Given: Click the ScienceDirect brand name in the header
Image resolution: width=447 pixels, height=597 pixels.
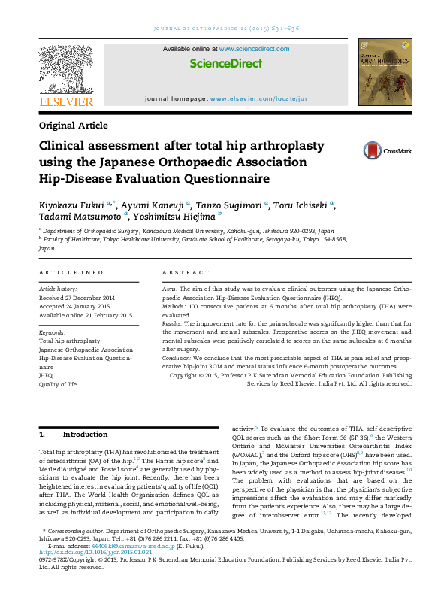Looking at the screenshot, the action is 225,65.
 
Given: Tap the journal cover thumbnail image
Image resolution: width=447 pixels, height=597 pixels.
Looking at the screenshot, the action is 385,73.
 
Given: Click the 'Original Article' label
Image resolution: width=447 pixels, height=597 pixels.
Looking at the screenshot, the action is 73,126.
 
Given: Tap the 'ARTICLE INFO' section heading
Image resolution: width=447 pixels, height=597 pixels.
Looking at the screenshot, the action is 71,272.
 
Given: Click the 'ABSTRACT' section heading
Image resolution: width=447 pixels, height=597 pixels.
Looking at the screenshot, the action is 180,272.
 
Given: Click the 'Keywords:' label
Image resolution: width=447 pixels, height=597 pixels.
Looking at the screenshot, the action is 52,332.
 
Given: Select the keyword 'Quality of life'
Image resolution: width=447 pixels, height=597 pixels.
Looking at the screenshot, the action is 58,383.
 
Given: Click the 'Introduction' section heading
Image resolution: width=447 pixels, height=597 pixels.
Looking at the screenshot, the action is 85,435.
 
